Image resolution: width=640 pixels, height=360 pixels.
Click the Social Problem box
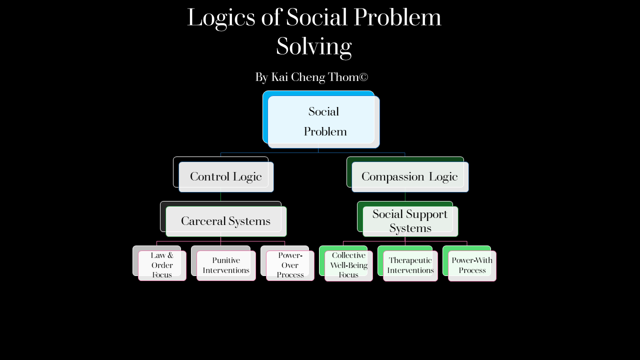click(x=323, y=121)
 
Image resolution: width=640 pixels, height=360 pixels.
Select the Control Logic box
click(x=226, y=176)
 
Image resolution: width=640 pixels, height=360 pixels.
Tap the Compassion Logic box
click(x=409, y=176)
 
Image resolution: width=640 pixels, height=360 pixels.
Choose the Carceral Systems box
click(x=225, y=221)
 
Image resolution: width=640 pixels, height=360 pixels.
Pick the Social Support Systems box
click(x=410, y=221)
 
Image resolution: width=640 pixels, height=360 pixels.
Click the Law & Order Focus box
click(x=162, y=265)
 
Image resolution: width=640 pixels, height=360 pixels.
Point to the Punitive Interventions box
click(x=226, y=265)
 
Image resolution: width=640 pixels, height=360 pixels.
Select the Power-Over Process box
click(x=290, y=265)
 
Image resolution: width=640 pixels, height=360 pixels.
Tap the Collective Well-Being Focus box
click(x=348, y=265)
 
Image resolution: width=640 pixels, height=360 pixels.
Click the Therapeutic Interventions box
click(x=410, y=265)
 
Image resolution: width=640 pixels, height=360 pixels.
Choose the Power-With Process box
click(x=472, y=265)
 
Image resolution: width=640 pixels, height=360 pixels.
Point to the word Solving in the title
click(x=314, y=46)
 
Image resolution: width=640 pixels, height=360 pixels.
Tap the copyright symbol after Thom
click(x=363, y=77)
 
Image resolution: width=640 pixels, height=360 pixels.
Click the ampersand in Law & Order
click(x=169, y=255)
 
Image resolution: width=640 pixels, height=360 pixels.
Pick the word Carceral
click(x=203, y=221)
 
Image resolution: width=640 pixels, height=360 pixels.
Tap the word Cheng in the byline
click(x=308, y=77)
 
